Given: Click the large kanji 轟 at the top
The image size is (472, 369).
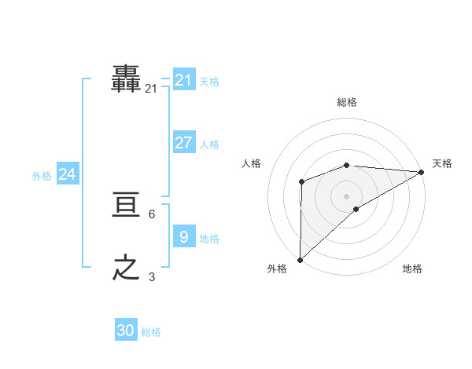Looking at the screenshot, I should tap(126, 79).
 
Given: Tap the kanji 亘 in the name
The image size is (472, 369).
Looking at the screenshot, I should tap(126, 206).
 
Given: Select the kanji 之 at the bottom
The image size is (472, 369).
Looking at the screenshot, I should tap(126, 268).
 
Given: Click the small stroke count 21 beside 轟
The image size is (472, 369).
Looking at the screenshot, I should tap(151, 90).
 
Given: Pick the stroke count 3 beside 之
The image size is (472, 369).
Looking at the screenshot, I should tap(151, 276).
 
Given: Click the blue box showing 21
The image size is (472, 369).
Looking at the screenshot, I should tap(183, 80).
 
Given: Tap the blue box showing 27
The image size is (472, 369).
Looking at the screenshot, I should tap(183, 143).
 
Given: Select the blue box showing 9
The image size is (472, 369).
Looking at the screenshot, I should tap(183, 237).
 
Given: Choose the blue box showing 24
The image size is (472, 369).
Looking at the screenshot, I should tap(67, 174).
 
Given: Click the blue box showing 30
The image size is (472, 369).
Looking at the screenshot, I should tap(126, 331).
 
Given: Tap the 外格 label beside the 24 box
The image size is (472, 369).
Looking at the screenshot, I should tap(42, 176).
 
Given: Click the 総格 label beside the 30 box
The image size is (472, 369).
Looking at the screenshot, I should tap(151, 332).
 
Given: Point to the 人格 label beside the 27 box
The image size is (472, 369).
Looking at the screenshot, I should tap(209, 144).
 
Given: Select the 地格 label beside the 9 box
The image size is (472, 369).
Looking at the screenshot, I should tap(209, 239).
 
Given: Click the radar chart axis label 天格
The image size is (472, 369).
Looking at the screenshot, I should tap(442, 163).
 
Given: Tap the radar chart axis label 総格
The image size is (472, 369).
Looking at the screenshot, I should tap(347, 102).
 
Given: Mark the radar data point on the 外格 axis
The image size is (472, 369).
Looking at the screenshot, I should tap(300, 259).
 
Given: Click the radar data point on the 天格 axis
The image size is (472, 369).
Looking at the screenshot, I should tap(422, 172).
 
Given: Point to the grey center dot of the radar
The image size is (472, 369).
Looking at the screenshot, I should tap(346, 195).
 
